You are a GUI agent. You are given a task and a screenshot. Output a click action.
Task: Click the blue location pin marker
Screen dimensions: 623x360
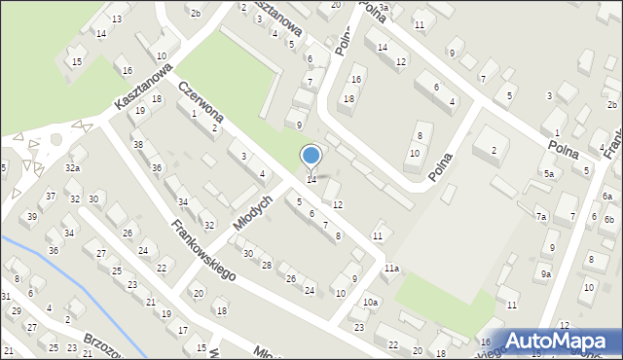point(311,156)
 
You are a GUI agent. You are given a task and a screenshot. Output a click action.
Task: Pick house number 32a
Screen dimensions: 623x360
point(72,168)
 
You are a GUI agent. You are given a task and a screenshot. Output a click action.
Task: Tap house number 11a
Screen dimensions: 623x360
point(391,268)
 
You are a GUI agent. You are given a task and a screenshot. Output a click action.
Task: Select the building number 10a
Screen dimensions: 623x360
point(371,303)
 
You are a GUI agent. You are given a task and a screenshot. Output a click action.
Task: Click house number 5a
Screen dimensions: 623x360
point(549,173)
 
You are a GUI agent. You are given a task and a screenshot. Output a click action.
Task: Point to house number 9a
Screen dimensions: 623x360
point(546,274)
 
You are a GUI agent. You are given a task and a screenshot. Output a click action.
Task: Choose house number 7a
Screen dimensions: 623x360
point(540,216)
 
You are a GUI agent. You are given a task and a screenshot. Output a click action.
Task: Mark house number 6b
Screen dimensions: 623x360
point(609,221)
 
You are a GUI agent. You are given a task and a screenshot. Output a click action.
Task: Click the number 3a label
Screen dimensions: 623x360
point(384,7)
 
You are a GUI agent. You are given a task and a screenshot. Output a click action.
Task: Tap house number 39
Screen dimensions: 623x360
point(32,216)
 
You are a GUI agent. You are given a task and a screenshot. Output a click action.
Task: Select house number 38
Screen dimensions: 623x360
point(138,145)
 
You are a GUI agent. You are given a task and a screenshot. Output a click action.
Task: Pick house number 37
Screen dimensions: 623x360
point(50,197)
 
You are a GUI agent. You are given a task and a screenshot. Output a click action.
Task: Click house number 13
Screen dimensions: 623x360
point(117,19)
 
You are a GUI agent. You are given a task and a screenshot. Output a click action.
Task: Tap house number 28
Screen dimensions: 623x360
point(267,266)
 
